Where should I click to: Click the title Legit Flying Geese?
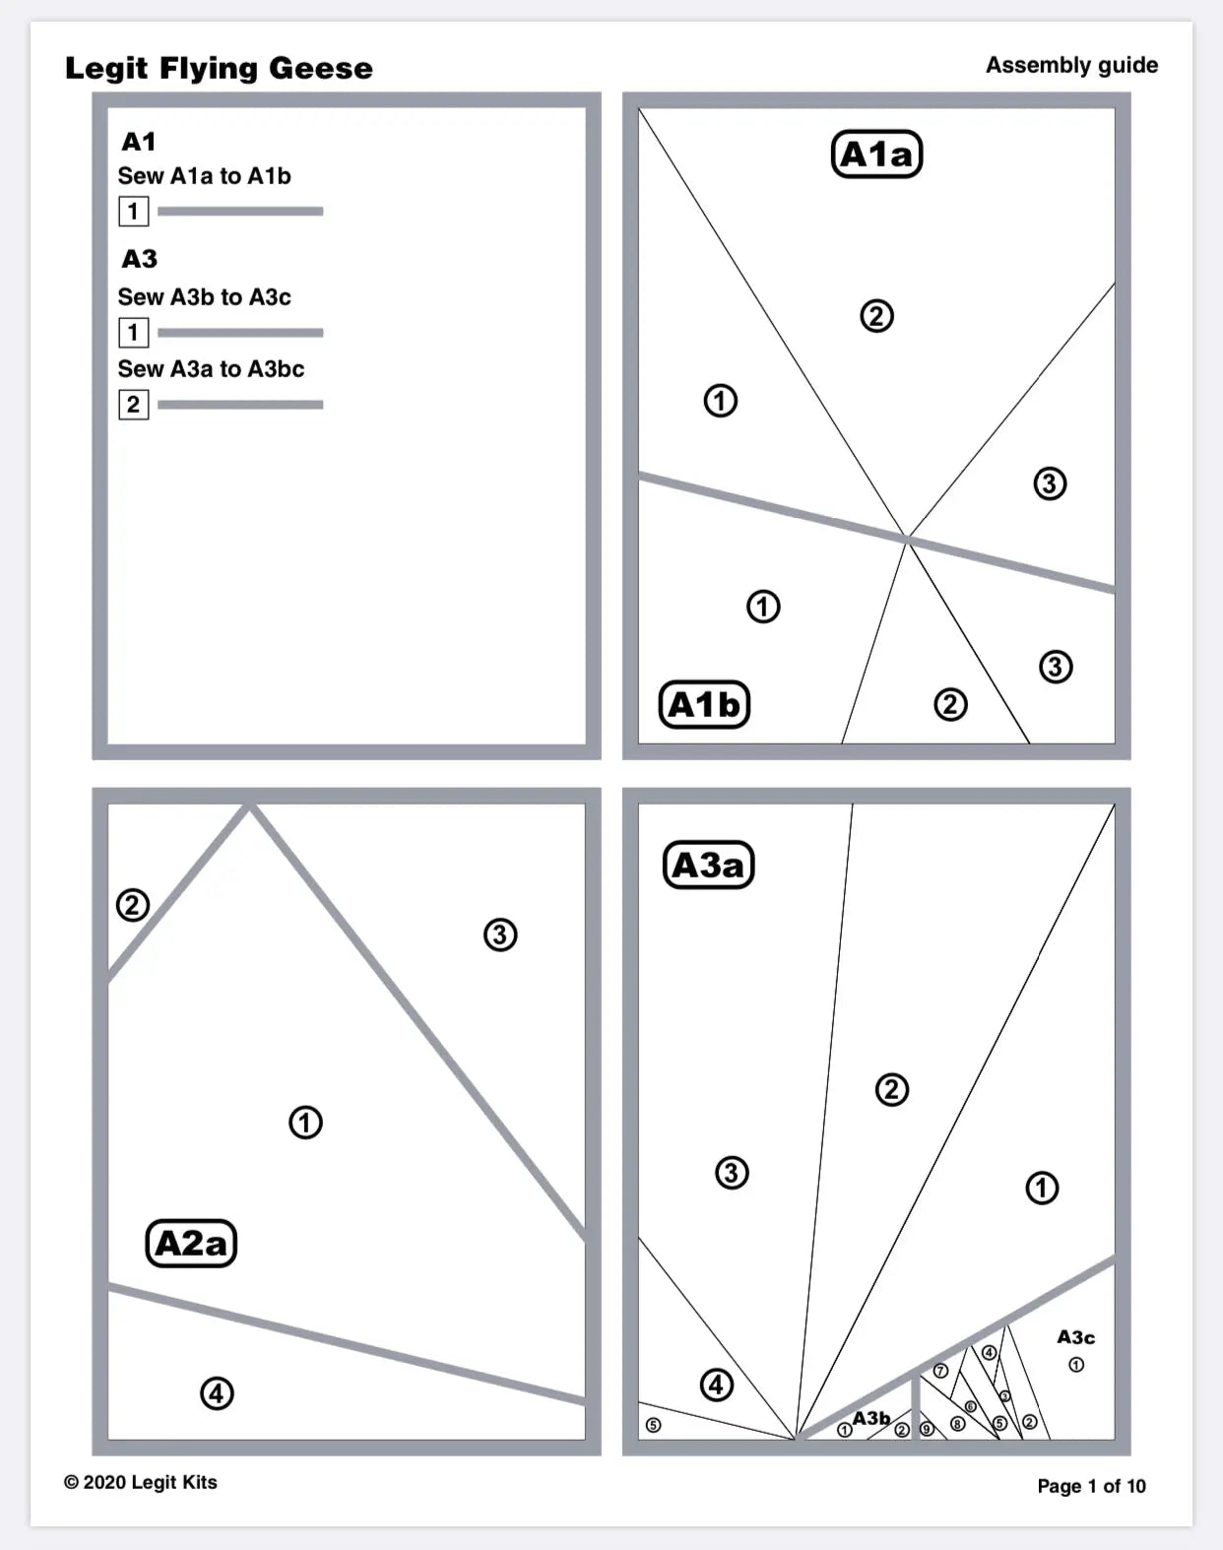(x=219, y=68)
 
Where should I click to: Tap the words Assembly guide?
(x=1071, y=65)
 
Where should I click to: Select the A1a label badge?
(x=876, y=155)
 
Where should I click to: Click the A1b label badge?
(x=704, y=704)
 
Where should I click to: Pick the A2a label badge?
(x=191, y=1243)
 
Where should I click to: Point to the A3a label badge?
(x=708, y=865)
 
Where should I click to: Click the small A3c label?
(x=1075, y=1337)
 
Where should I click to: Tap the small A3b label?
(x=870, y=1418)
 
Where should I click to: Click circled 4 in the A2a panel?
(x=217, y=1393)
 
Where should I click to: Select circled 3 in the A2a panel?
(x=500, y=934)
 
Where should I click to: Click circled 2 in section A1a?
(x=876, y=316)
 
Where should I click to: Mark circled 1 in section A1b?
(x=763, y=606)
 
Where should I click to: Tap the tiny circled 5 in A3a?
(x=653, y=1425)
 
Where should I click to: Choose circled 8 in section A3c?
(x=957, y=1424)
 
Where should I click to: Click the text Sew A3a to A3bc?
(x=211, y=369)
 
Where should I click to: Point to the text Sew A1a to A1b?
(x=204, y=176)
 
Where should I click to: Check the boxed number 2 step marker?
(x=133, y=405)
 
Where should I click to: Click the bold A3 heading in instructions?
(x=139, y=259)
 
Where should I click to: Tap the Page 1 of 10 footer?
(x=1091, y=1486)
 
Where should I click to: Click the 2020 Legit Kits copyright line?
(x=141, y=1482)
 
